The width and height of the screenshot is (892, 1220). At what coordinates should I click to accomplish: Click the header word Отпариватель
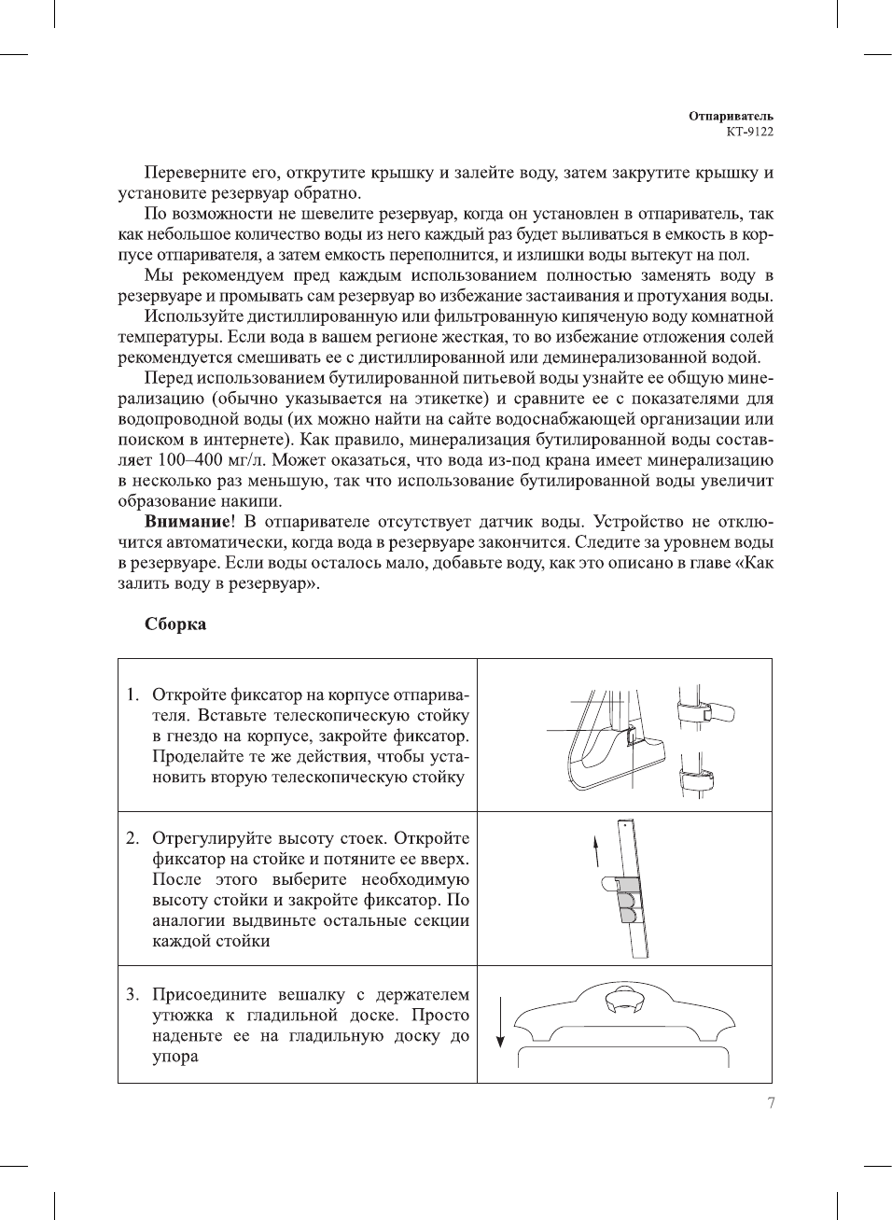[x=731, y=116]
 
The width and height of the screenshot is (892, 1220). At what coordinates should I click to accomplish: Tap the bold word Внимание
[x=187, y=522]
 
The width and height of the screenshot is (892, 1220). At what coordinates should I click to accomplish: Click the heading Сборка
[x=175, y=624]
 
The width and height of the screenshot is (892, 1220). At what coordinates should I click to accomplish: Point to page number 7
[x=771, y=1103]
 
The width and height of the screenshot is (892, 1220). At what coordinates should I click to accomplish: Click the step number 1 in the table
[x=132, y=694]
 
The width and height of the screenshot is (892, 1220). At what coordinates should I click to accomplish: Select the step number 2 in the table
[x=132, y=838]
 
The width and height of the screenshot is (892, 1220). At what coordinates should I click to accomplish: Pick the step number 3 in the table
[x=132, y=994]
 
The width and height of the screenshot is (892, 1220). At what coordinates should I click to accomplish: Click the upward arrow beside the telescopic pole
[x=596, y=850]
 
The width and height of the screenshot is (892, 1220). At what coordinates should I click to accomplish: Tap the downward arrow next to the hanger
[x=501, y=1022]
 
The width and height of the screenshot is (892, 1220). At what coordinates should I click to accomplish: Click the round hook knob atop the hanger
[x=623, y=1002]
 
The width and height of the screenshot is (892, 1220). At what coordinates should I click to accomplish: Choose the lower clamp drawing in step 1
[x=696, y=775]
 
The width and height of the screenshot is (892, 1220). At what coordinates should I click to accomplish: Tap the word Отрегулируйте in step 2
[x=213, y=838]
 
